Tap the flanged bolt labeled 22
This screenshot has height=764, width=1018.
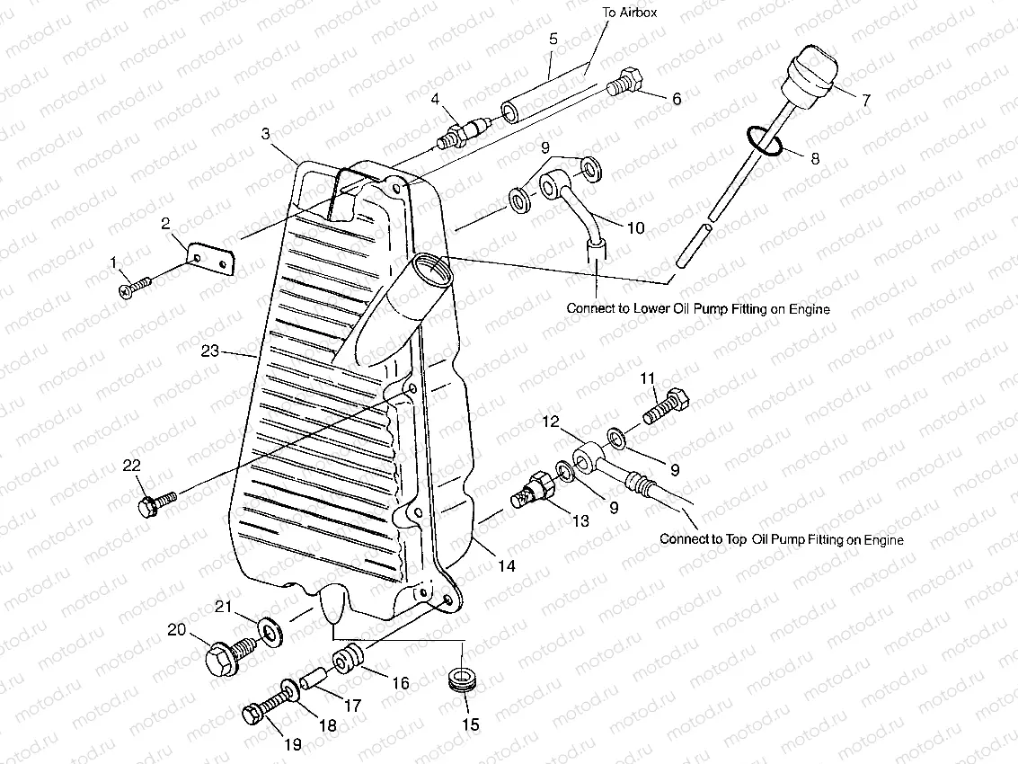coord(155,502)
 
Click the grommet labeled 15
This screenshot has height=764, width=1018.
coord(463,680)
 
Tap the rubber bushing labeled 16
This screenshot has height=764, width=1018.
coord(349,657)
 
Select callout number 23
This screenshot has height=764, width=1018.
coord(209,352)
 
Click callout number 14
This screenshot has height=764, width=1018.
coord(508,566)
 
